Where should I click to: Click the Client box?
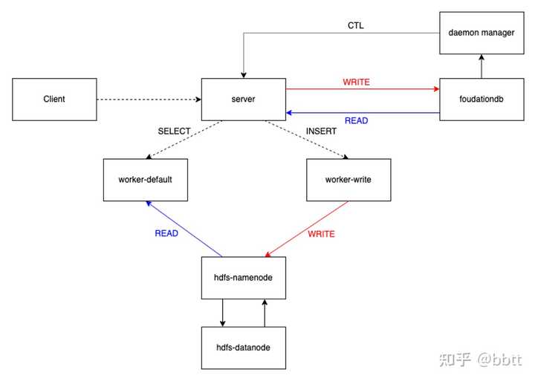coord(54,99)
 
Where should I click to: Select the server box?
coord(244,99)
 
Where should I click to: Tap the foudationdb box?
coord(481,99)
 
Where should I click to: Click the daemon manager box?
coord(481,33)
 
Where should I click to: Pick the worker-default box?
coord(146,180)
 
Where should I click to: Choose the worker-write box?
coord(348,180)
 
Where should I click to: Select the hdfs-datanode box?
coord(244,348)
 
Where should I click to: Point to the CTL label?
coord(356,26)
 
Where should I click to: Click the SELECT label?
coord(174,131)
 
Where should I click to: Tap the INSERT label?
coord(321,131)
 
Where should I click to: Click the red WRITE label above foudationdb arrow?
coord(356,81)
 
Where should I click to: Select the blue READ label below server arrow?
coord(356,120)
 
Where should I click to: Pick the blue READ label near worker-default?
coord(166,233)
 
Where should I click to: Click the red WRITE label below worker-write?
coord(321,234)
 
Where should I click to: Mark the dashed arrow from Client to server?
coord(149,99)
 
